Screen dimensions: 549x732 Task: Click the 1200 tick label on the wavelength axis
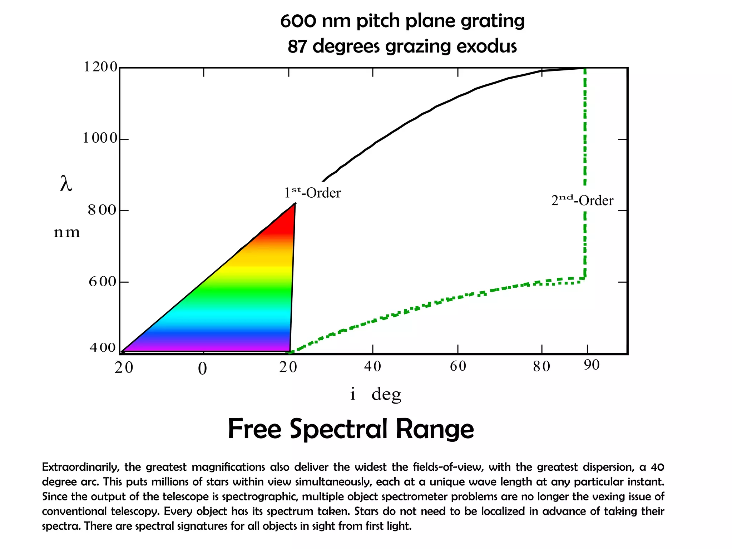point(100,67)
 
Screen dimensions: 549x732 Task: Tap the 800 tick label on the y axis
point(102,210)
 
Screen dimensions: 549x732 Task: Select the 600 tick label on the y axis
point(103,282)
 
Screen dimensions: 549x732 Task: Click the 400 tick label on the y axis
point(103,347)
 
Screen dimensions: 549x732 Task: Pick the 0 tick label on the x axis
point(202,369)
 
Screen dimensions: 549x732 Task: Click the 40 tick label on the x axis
point(372,366)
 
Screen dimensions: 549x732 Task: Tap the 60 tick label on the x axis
point(458,366)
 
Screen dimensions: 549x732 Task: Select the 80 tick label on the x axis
point(541,366)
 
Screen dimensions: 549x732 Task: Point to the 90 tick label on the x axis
point(592,365)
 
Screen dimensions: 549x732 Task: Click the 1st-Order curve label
point(312,193)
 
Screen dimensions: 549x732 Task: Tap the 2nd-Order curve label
point(582,200)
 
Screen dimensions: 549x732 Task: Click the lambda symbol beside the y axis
point(66,184)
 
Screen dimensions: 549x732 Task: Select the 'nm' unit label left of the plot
point(67,233)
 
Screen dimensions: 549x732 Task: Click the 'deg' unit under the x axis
point(386,395)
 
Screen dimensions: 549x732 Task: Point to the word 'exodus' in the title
point(486,46)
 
